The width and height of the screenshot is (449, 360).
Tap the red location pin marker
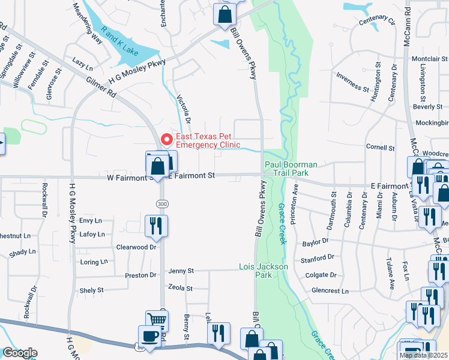pyautogui.click(x=166, y=139)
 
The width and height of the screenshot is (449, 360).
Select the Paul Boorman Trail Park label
pyautogui.click(x=291, y=169)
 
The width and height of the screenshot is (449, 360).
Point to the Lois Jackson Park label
pyautogui.click(x=264, y=271)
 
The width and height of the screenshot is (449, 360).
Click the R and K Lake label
pyautogui.click(x=120, y=41)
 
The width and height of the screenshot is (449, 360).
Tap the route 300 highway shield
pyautogui.click(x=162, y=203)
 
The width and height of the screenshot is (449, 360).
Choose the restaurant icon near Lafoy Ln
pyautogui.click(x=155, y=226)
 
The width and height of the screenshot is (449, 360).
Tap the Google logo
pyautogui.click(x=19, y=353)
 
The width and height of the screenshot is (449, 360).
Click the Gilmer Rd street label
pyautogui.click(x=100, y=86)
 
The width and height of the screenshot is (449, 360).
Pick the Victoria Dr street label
pyautogui.click(x=184, y=107)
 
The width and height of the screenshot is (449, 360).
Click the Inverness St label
pyautogui.click(x=352, y=82)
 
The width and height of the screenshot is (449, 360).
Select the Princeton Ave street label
pyautogui.click(x=294, y=204)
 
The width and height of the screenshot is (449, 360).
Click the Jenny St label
pyautogui.click(x=181, y=271)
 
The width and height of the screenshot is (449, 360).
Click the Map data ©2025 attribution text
pyautogui.click(x=423, y=355)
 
